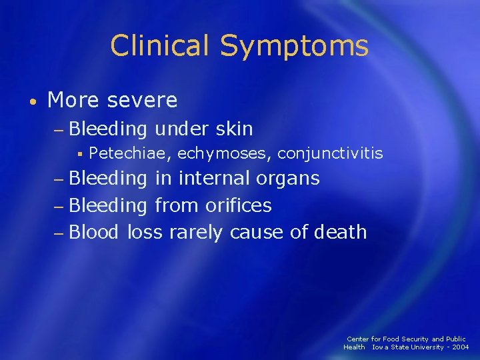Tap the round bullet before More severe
click(x=32, y=102)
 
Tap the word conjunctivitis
click(x=330, y=154)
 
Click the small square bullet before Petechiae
click(x=79, y=155)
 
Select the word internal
click(x=210, y=179)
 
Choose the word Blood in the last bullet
click(x=94, y=232)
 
